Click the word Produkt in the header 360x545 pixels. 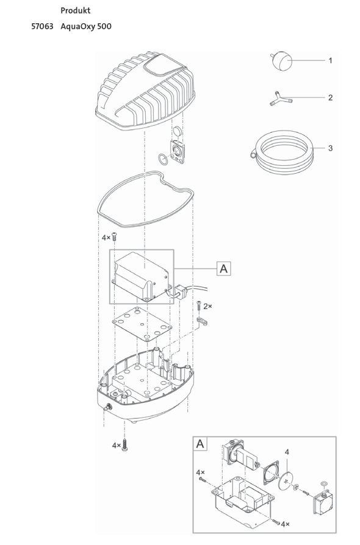pyautogui.click(x=76, y=11)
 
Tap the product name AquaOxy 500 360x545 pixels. pyautogui.click(x=86, y=27)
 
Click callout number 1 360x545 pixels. pyautogui.click(x=330, y=60)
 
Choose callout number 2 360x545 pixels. pyautogui.click(x=330, y=98)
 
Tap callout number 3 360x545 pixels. pyautogui.click(x=330, y=148)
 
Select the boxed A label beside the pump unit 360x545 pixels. pyautogui.click(x=225, y=268)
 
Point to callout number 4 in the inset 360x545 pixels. pyautogui.click(x=287, y=452)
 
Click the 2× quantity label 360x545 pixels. pyautogui.click(x=207, y=306)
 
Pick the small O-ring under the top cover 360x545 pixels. pyautogui.click(x=162, y=160)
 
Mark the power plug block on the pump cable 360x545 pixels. pyautogui.click(x=180, y=290)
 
